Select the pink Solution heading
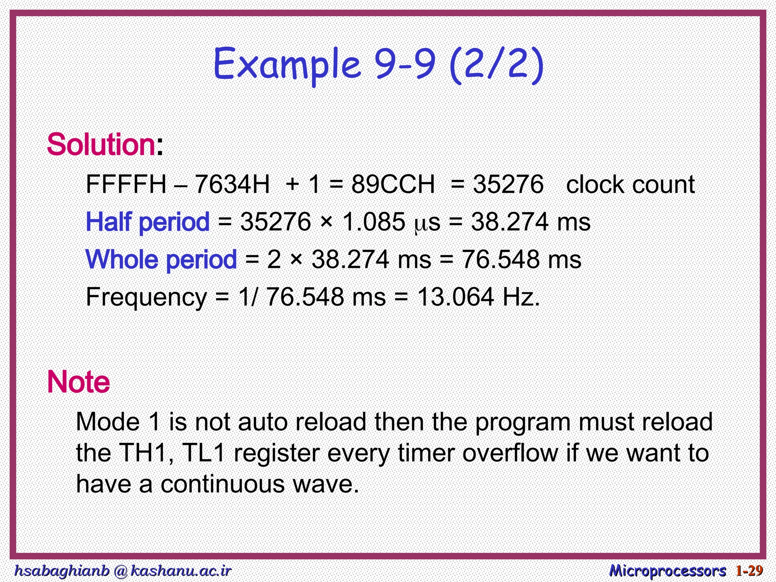pos(101,145)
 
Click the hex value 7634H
pos(232,185)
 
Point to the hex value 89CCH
pos(393,185)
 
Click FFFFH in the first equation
pos(126,185)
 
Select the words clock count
pos(630,185)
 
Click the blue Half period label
pos(148,222)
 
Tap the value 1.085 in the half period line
pos(373,222)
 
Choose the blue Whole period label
pos(161,260)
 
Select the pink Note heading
pos(78,382)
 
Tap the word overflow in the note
pos(510,453)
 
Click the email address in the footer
pos(122,570)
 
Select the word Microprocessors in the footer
pos(667,570)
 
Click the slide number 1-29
pos(749,570)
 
